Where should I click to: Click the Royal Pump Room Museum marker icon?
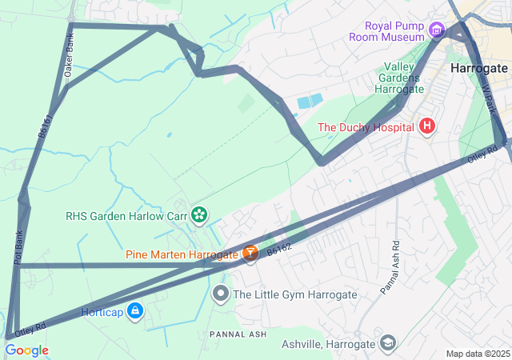tap(436, 30)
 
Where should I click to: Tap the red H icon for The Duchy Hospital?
tap(427, 126)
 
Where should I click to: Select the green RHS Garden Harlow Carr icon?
tap(199, 215)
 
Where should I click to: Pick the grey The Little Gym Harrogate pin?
tap(222, 294)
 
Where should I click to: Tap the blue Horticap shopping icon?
tap(135, 311)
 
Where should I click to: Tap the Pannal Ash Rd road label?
tap(390, 267)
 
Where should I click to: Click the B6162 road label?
tap(278, 250)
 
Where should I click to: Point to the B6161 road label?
tap(46, 126)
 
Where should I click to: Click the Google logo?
tap(26, 350)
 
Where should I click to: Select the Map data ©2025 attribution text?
tap(478, 354)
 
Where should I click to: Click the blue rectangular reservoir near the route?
tap(310, 102)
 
